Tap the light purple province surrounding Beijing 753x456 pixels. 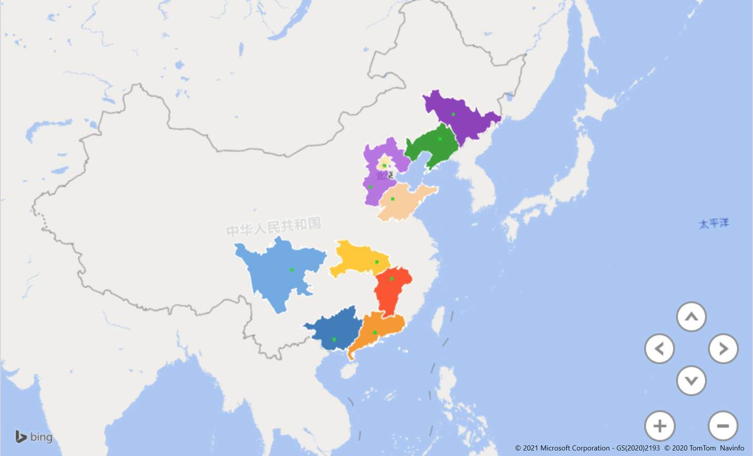click(372, 183)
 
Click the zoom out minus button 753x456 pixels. click(723, 426)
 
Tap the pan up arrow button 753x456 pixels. click(691, 317)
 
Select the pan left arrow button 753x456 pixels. click(659, 349)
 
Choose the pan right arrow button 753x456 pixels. click(723, 349)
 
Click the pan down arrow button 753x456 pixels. click(691, 381)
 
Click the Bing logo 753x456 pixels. click(34, 437)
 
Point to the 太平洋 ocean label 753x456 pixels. click(714, 224)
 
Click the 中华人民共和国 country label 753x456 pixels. click(273, 227)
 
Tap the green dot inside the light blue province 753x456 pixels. click(292, 270)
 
